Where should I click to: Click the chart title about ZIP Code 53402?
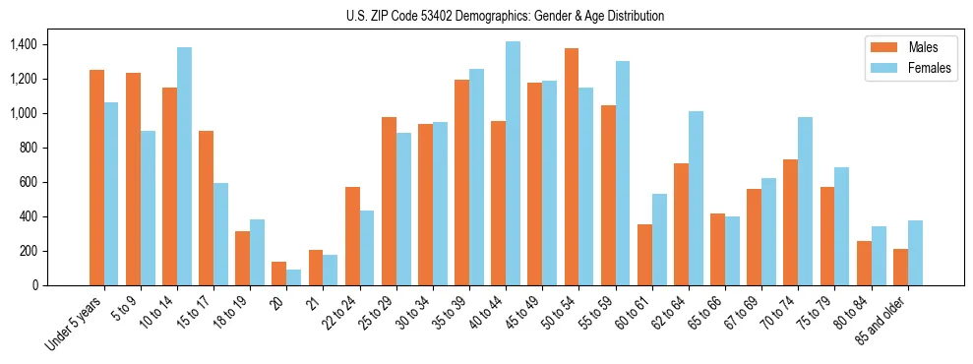(x=506, y=16)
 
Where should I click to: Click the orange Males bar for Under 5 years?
(x=96, y=178)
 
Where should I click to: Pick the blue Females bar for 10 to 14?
(x=184, y=166)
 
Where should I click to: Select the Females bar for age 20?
(x=293, y=277)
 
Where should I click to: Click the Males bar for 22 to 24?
(x=352, y=236)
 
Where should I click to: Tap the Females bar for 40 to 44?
(x=513, y=163)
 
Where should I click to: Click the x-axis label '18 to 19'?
(x=230, y=313)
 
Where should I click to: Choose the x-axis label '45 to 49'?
(x=522, y=313)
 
